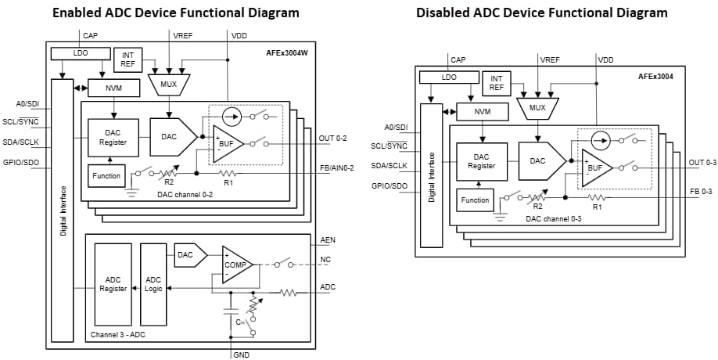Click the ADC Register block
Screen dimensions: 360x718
113,284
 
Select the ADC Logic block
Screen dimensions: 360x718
153,284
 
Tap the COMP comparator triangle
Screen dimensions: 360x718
236,265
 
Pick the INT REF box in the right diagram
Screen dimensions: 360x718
496,83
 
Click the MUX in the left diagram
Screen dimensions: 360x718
169,84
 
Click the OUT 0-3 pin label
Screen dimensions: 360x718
702,162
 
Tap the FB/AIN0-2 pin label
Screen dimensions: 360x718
336,167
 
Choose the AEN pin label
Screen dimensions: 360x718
328,240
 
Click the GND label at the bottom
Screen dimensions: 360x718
242,355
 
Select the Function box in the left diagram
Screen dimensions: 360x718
106,175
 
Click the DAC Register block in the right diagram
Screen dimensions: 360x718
482,161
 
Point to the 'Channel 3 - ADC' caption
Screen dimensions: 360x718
117,335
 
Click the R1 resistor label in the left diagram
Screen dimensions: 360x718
228,182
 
